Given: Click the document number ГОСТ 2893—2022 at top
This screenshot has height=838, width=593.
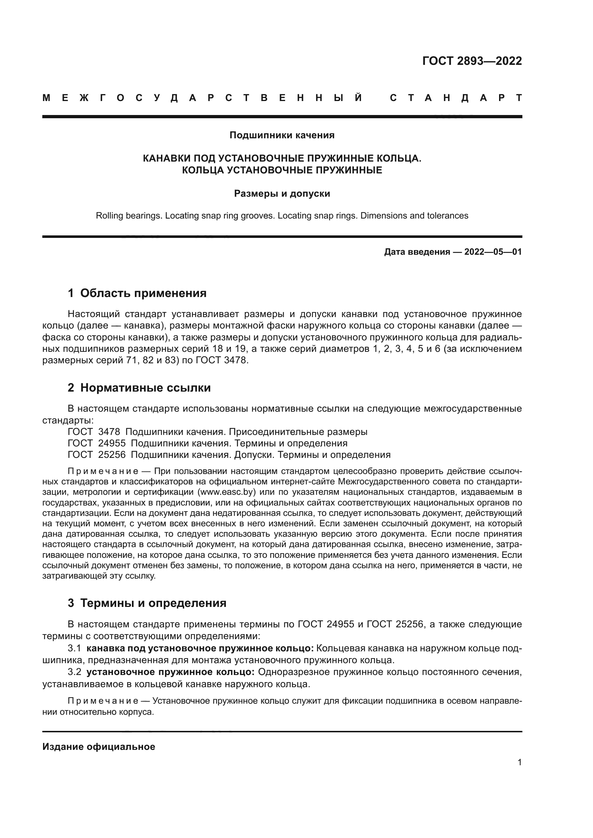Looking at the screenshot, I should (x=472, y=61).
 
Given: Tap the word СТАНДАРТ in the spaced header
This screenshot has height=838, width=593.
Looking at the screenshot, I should (x=456, y=98).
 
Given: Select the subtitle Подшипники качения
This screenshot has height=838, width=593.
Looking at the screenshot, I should (x=282, y=135).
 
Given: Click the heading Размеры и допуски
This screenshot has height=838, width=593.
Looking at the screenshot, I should (x=282, y=193).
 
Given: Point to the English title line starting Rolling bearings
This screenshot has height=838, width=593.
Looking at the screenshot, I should (x=282, y=216).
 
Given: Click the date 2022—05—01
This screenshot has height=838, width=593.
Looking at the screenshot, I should (x=493, y=252).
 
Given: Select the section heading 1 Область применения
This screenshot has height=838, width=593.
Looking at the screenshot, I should (x=137, y=293).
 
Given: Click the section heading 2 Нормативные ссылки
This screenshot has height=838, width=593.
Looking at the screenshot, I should (x=139, y=388).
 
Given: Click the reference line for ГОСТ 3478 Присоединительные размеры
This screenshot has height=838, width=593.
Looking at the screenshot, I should (x=218, y=432).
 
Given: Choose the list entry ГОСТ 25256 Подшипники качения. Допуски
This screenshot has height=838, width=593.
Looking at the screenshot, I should (x=229, y=455).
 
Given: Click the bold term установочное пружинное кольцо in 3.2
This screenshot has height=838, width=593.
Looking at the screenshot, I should (x=171, y=672).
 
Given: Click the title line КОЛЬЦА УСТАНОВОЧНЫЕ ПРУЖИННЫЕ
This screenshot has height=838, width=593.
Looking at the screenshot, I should (x=282, y=170).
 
